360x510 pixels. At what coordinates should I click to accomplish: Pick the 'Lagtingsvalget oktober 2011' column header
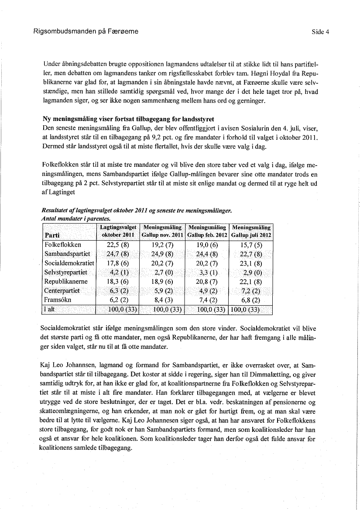point(118,231)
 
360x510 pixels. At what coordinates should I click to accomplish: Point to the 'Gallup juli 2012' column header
point(251,231)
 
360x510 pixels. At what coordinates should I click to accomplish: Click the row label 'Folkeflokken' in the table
point(63,245)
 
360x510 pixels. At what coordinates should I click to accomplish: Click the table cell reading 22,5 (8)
point(118,245)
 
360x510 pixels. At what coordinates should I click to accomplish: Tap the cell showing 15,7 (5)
point(251,245)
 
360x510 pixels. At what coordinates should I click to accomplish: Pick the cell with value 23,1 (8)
point(251,263)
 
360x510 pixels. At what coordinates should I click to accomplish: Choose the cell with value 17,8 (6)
point(118,263)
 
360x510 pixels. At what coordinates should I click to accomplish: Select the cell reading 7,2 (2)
point(251,291)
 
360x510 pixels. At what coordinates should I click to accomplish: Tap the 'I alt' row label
point(51,310)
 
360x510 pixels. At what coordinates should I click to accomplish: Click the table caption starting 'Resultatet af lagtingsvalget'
point(136,211)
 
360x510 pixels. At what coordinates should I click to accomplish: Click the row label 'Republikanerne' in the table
point(65,282)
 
